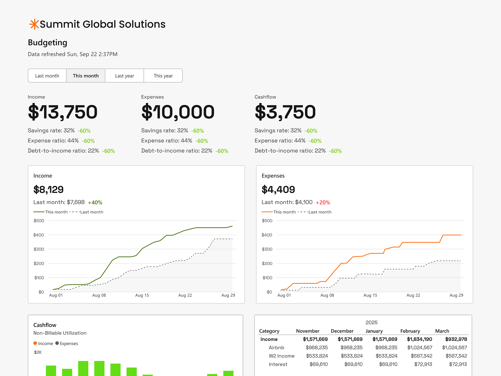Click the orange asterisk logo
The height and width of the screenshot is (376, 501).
34,24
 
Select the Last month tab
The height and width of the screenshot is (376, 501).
47,76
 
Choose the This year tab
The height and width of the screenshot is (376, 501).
163,76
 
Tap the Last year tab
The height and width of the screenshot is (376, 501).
124,76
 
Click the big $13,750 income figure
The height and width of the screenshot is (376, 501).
63,112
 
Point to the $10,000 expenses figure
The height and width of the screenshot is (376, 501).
178,112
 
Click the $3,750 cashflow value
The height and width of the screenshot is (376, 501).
285,112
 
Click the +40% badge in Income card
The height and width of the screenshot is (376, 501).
95,203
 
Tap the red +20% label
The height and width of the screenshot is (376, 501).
323,203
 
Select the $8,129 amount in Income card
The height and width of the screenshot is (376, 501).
49,190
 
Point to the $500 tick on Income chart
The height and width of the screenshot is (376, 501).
39,221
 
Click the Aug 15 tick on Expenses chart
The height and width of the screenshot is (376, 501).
370,295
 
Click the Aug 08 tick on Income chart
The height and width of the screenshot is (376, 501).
99,295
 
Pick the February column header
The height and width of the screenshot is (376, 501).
410,331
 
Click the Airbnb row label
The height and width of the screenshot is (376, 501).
276,347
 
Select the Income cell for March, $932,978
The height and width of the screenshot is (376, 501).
456,339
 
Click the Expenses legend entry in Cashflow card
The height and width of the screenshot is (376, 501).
67,343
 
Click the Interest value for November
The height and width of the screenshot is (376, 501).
318,364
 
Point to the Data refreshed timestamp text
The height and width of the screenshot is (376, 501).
73,54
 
